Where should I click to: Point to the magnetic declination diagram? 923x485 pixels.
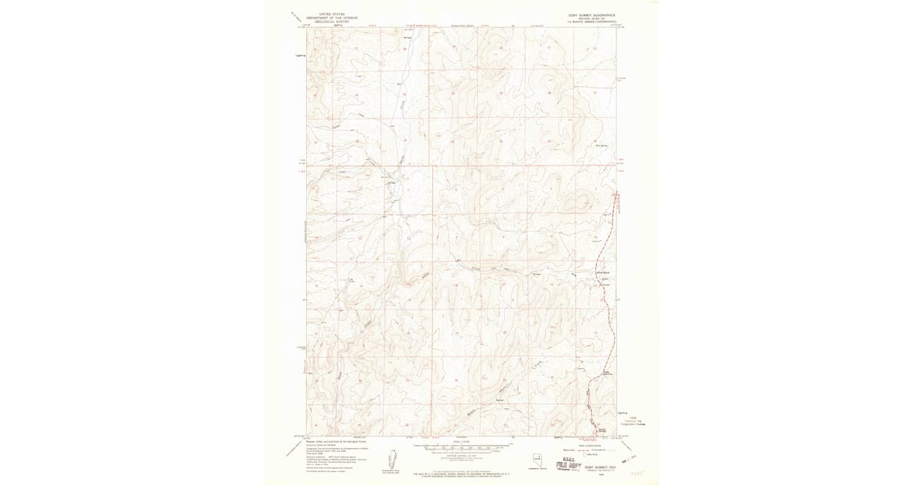(392, 460)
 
